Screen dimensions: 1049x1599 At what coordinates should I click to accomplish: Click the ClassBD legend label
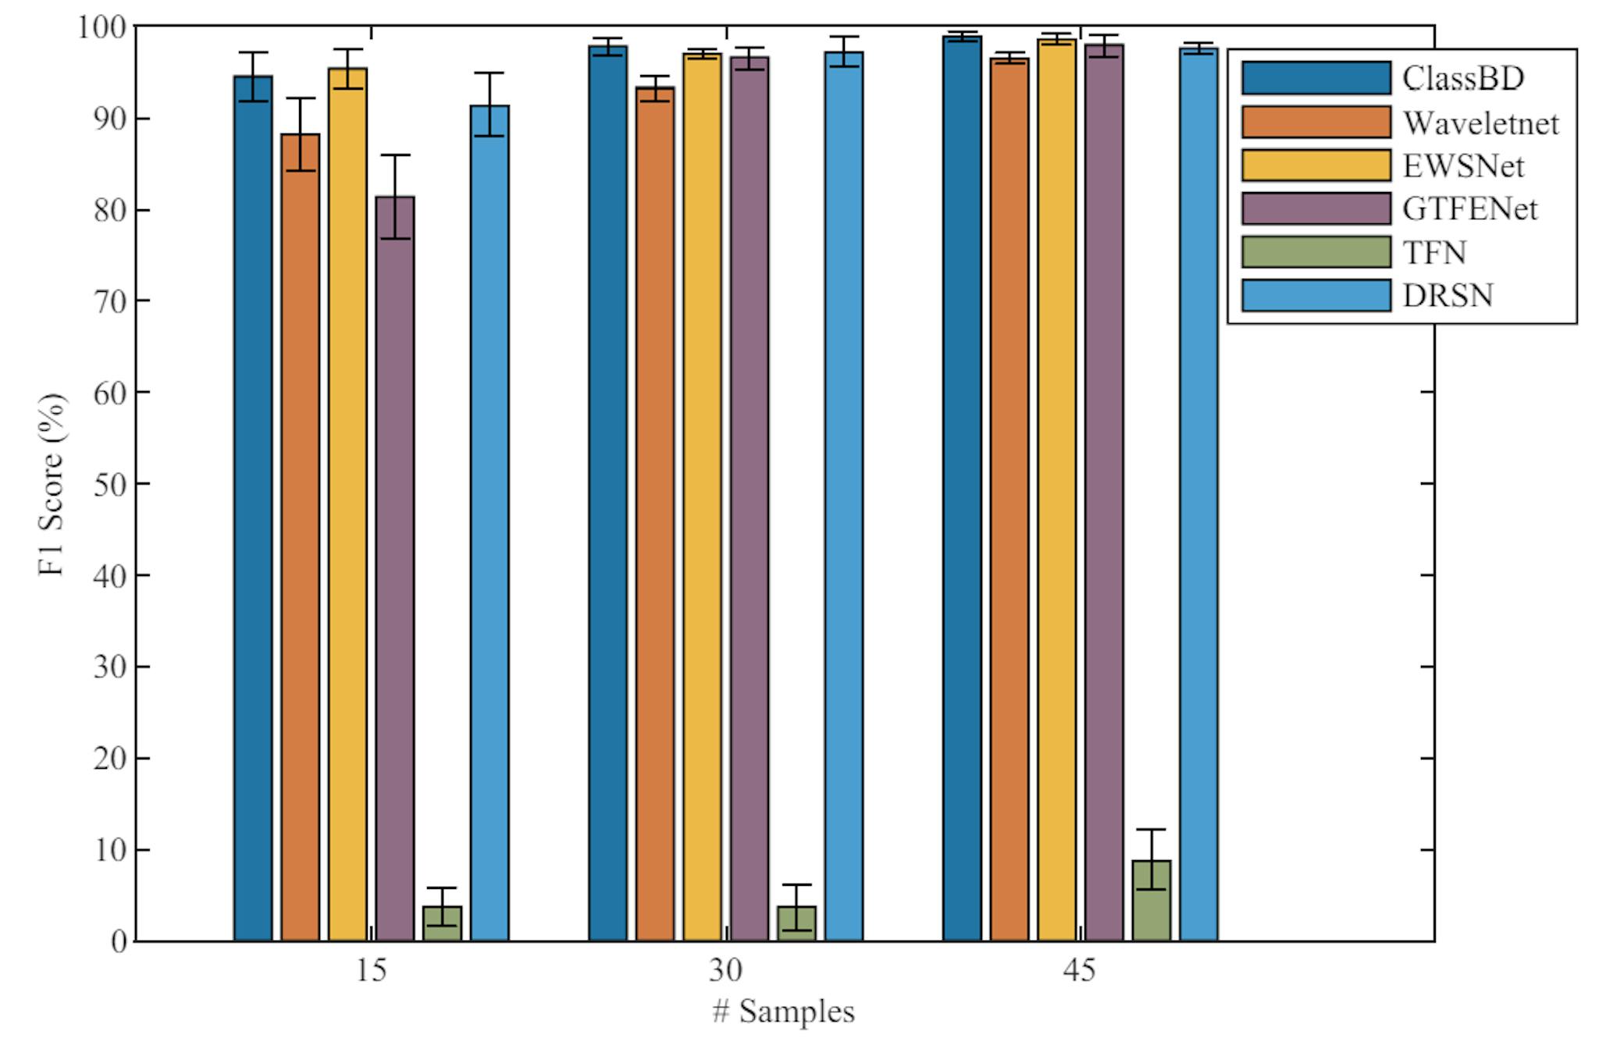click(1462, 78)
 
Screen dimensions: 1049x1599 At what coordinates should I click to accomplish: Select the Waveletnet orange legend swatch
click(1316, 122)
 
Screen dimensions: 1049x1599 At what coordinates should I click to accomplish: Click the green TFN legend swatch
click(1316, 252)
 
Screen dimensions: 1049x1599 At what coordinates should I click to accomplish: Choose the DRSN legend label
click(1448, 296)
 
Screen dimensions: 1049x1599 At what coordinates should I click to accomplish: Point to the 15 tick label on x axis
click(371, 970)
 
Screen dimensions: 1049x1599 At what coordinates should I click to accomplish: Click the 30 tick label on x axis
click(725, 970)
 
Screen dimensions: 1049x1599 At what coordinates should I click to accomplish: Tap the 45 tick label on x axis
click(1079, 970)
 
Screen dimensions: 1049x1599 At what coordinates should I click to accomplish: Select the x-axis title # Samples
click(783, 1012)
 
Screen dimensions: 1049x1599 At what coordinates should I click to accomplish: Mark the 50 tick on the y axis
click(109, 484)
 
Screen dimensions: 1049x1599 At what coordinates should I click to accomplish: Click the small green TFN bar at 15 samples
click(442, 924)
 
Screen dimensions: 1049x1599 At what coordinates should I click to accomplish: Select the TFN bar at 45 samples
click(1151, 901)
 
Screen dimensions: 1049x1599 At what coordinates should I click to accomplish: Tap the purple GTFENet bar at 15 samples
click(395, 570)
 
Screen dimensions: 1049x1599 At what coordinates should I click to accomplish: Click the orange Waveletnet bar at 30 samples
click(654, 515)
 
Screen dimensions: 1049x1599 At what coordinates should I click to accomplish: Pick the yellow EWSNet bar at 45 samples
click(1056, 492)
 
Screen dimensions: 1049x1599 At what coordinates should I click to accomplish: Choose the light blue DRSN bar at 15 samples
click(490, 523)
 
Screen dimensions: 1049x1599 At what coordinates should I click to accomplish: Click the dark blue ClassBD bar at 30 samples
click(607, 492)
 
